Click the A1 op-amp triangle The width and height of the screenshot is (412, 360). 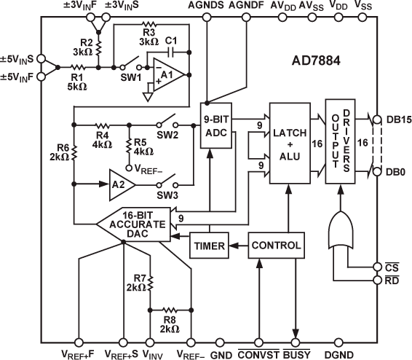[165, 74]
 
